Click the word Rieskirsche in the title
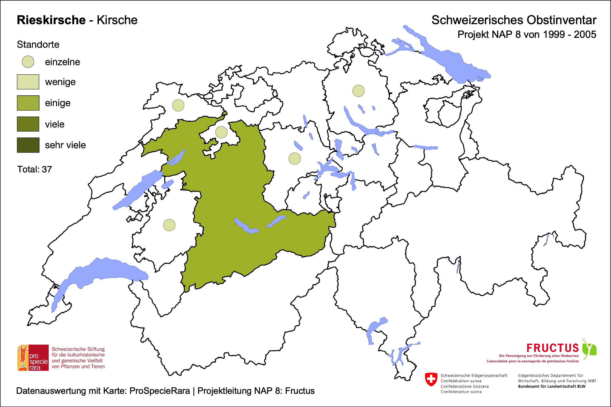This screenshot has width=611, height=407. tap(51, 20)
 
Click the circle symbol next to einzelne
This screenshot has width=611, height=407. tap(28, 62)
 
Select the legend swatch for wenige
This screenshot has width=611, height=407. tap(28, 82)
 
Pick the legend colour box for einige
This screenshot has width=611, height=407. tap(28, 103)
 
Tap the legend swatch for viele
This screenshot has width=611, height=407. tap(28, 124)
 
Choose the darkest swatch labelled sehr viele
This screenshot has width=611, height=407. tap(28, 145)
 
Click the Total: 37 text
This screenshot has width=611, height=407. tap(34, 169)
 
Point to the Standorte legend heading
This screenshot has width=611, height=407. tap(38, 45)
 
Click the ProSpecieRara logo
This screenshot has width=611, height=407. tap(33, 358)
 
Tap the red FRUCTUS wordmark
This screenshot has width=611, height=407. tap(552, 348)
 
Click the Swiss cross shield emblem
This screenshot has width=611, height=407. tap(431, 379)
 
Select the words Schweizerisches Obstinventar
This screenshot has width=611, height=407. tap(514, 20)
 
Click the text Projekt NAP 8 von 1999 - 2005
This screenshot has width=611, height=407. tap(527, 35)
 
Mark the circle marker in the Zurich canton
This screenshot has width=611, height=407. tap(358, 91)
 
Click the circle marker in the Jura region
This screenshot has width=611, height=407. tap(178, 105)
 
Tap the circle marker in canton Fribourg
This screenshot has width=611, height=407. tap(169, 225)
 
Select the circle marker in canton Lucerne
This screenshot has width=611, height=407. tap(294, 158)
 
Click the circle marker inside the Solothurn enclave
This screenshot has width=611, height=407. tap(221, 132)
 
